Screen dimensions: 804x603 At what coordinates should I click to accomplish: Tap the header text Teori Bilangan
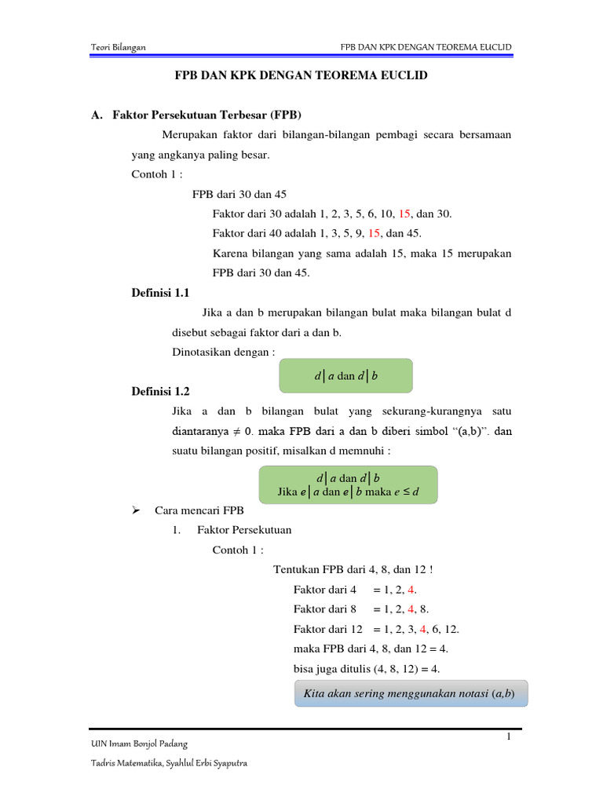click(x=119, y=48)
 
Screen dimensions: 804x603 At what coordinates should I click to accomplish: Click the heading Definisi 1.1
click(x=160, y=293)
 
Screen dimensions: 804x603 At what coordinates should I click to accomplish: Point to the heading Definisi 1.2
click(x=160, y=391)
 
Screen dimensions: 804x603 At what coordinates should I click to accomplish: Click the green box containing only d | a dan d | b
click(x=346, y=376)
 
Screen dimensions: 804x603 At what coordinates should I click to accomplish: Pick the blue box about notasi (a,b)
click(x=411, y=694)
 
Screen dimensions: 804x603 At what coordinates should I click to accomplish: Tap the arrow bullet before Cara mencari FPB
click(x=135, y=510)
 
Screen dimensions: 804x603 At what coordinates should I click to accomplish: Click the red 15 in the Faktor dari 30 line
click(x=405, y=214)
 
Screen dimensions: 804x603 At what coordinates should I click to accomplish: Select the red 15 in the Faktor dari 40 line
click(x=375, y=233)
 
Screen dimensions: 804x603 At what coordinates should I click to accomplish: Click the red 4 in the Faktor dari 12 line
click(x=423, y=629)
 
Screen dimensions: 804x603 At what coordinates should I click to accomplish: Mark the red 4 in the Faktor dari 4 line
click(x=423, y=589)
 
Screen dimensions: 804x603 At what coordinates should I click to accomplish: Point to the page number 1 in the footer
click(x=508, y=736)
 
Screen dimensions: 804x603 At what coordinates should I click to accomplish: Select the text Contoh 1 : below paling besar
click(x=157, y=175)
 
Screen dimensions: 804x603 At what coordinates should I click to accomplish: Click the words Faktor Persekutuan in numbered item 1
click(x=244, y=530)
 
